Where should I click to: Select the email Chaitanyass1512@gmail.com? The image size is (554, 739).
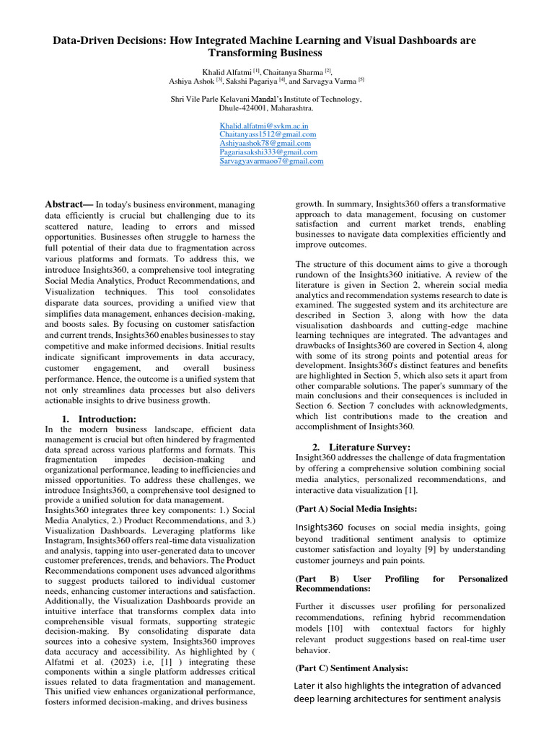(268, 134)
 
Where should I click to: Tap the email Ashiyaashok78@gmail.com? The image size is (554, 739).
(265, 143)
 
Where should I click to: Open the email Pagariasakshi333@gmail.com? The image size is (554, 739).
(268, 152)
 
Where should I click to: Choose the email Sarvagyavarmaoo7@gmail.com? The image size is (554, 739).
(271, 161)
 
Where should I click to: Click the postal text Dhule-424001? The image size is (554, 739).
(244, 108)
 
